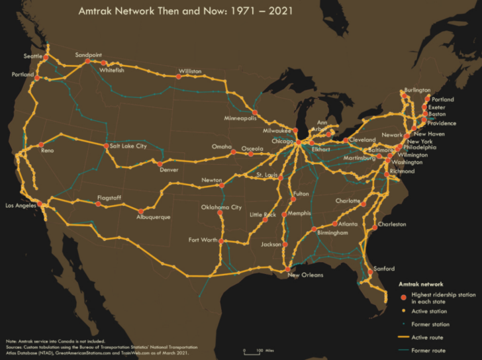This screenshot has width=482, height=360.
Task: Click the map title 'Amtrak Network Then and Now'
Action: [187, 11]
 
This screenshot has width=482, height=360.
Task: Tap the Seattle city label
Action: [32, 56]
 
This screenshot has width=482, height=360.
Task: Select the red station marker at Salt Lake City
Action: [106, 146]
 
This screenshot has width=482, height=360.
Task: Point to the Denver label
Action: [169, 169]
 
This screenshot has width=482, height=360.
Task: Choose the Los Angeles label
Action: [21, 205]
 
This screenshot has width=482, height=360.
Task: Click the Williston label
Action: [190, 71]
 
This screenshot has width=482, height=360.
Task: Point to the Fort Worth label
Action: [202, 239]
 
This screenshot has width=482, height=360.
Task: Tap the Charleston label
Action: [392, 224]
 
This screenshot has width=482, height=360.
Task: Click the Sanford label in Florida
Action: [384, 269]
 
